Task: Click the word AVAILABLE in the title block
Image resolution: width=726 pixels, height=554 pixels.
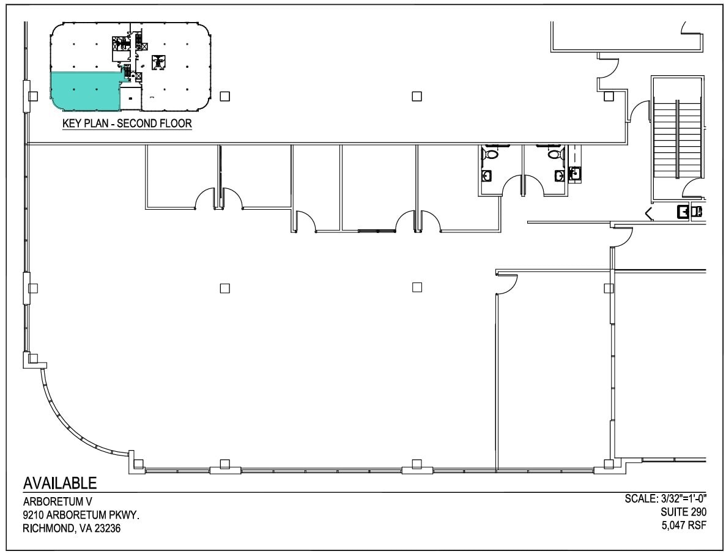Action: [x=60, y=483]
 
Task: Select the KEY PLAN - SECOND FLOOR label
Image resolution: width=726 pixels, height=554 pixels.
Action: [x=127, y=124]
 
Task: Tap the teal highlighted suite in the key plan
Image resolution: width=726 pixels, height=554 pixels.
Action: [x=84, y=90]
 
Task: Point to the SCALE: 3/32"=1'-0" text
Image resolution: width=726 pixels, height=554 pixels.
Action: [x=666, y=499]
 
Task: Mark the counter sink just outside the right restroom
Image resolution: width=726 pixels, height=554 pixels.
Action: [x=574, y=174]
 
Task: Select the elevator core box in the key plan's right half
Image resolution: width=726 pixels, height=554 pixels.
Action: [x=158, y=61]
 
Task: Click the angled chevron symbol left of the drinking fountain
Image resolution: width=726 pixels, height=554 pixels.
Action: [x=649, y=213]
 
